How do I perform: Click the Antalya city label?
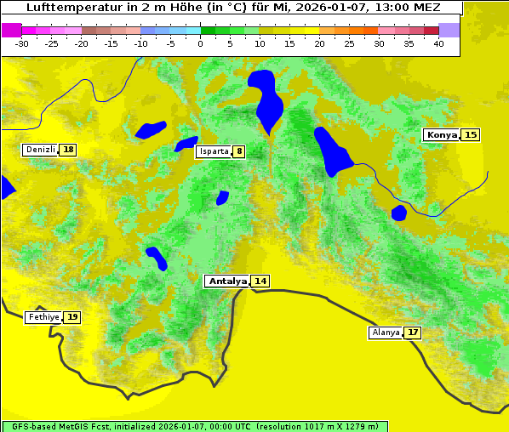coord(227,281)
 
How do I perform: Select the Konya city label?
coord(442,134)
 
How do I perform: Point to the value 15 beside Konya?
coord(471,134)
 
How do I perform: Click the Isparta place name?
coord(213,151)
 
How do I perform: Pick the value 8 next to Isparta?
coord(240,151)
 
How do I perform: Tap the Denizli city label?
coord(40,150)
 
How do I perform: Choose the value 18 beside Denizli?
coord(68,150)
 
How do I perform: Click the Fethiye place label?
coord(43,317)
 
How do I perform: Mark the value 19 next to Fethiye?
coord(72,317)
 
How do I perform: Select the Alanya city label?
coord(385,333)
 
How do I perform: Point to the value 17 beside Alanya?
coord(413,333)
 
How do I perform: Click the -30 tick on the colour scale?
coord(22,43)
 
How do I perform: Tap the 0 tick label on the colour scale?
coord(200,43)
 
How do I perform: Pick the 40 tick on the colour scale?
coord(438,43)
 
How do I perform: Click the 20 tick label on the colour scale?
coord(319,43)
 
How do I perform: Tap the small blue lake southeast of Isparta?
coord(222,197)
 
